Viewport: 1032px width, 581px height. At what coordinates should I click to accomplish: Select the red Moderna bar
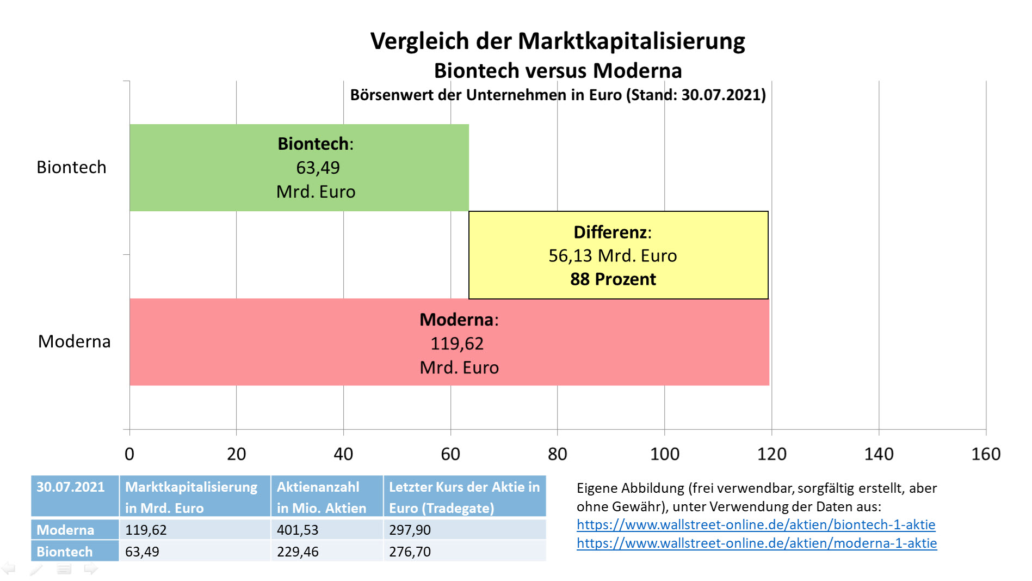[x=272, y=342]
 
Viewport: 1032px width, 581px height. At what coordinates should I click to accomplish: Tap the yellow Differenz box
[x=618, y=255]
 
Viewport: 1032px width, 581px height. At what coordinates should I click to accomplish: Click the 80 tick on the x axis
[x=558, y=454]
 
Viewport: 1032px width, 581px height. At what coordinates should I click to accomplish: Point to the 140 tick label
[x=879, y=454]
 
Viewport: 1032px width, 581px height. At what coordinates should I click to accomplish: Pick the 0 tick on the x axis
[x=129, y=454]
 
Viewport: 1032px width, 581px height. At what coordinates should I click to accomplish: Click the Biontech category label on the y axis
[x=71, y=167]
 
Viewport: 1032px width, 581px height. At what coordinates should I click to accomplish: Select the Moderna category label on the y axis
[x=74, y=341]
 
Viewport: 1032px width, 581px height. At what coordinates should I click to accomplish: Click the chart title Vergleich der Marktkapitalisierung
[x=558, y=41]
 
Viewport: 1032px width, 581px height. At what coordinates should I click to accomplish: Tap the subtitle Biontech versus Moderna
[x=558, y=71]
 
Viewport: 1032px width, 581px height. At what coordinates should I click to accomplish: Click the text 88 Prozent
[x=613, y=279]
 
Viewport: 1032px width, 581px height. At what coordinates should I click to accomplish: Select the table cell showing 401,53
[x=298, y=530]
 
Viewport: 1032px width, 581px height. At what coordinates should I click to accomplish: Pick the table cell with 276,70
[x=410, y=552]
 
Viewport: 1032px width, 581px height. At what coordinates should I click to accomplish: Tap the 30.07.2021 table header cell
[x=71, y=487]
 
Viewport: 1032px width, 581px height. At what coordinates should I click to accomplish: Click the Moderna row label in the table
[x=65, y=530]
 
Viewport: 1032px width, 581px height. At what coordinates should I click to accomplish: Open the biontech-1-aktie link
[x=756, y=525]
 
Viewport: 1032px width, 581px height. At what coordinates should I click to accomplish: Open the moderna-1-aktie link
[x=756, y=543]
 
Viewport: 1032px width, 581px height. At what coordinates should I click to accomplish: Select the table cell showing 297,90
[x=410, y=530]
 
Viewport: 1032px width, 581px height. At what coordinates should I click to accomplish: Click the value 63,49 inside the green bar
[x=318, y=168]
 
